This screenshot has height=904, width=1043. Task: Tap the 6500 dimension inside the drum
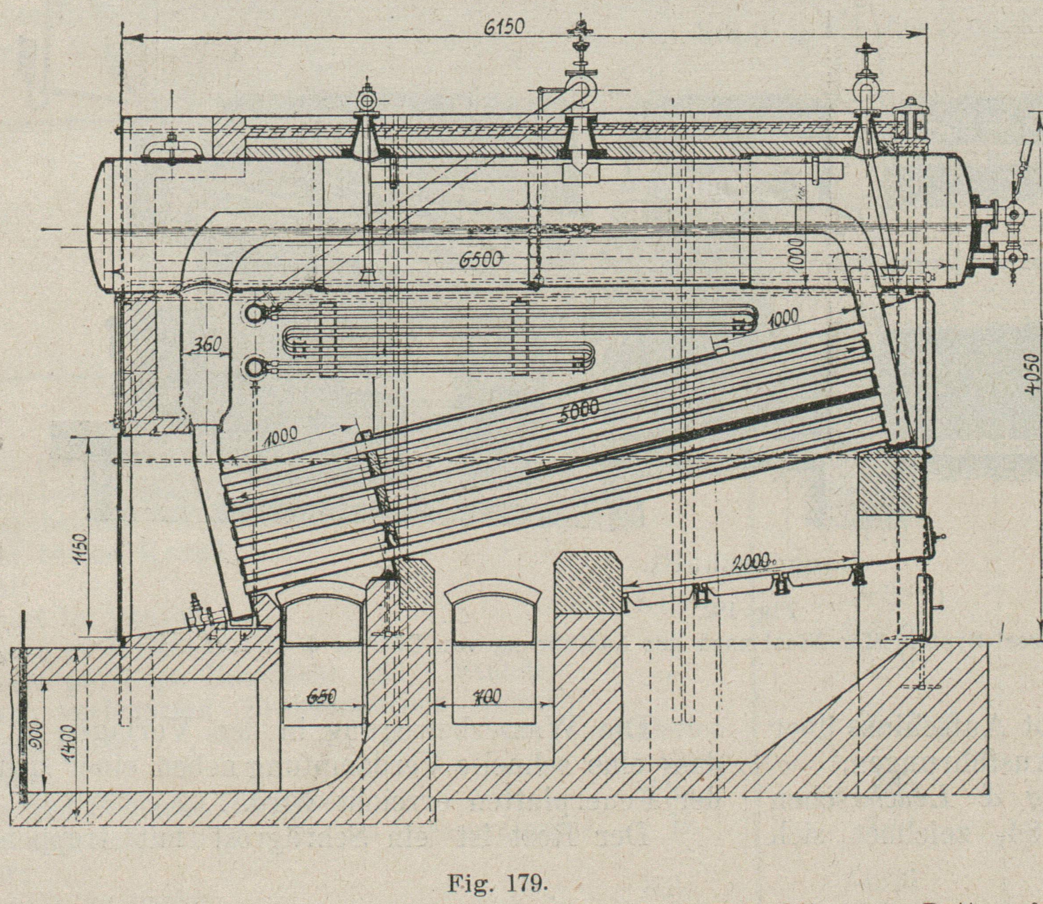click(x=480, y=260)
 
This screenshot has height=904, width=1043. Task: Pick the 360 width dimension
click(x=207, y=345)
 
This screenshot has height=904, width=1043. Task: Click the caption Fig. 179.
click(x=497, y=868)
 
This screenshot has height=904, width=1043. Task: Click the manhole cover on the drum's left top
click(x=172, y=150)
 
